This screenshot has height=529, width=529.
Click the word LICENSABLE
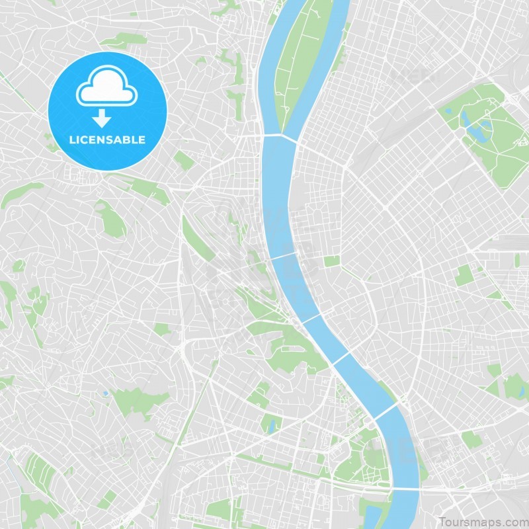point(107,140)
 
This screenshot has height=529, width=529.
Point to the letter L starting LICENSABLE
point(71,140)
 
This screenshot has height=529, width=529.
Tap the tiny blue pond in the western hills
point(104,393)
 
